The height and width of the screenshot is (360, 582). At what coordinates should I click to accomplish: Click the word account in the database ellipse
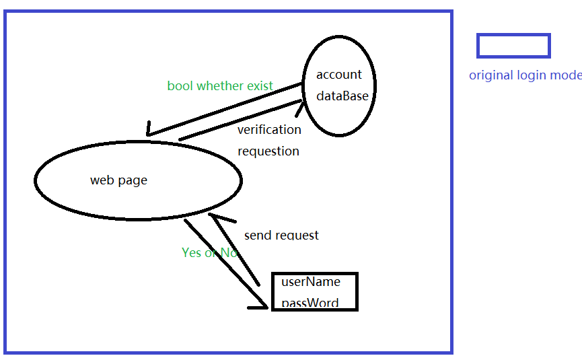[338, 75]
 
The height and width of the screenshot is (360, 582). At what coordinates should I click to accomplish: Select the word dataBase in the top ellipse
[342, 96]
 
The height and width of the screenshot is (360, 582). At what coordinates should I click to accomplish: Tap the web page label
[118, 180]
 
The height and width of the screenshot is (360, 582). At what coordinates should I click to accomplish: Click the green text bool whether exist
[220, 86]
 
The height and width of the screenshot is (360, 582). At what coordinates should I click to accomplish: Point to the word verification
[269, 130]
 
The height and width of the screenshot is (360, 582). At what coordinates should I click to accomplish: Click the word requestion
[268, 151]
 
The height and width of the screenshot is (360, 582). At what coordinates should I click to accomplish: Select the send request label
[281, 236]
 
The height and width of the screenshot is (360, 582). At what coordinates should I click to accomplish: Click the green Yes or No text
[209, 253]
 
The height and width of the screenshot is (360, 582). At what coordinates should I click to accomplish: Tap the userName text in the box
[311, 282]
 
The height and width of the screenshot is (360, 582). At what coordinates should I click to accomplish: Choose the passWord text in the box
[310, 303]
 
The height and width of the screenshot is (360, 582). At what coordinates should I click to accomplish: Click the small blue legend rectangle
[513, 46]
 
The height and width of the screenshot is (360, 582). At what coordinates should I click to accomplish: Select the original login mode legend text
[525, 75]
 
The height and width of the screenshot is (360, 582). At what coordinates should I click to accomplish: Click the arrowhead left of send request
[215, 217]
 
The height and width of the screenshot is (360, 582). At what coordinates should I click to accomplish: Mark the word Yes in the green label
[191, 253]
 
